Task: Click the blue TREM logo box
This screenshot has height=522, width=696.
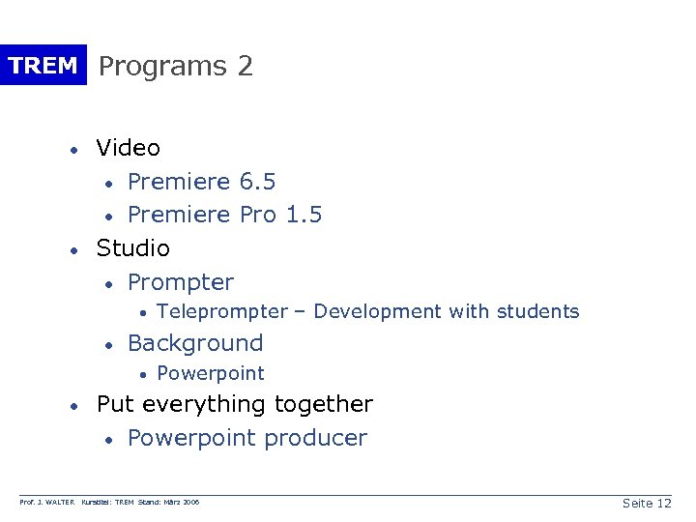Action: coord(43,66)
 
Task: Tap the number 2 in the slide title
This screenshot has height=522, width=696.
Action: coord(245,66)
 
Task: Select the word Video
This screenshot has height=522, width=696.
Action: coord(129,148)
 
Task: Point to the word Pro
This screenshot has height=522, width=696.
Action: coord(258,215)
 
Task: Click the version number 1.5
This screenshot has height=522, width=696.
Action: coord(304,215)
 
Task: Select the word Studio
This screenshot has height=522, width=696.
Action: coord(133,248)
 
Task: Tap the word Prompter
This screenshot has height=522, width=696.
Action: coord(181,282)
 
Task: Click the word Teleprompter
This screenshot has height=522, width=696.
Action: coord(221,311)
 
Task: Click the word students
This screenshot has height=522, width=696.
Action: coord(536,311)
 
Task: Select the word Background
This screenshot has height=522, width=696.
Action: coord(195,343)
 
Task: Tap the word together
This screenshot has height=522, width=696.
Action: coord(324,404)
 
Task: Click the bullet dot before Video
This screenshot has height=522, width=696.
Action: coord(73,150)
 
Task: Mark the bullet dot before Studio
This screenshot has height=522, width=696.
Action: coord(73,250)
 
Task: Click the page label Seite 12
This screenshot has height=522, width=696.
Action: coord(647,503)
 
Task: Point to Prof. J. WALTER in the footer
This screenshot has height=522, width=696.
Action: coord(47,503)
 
